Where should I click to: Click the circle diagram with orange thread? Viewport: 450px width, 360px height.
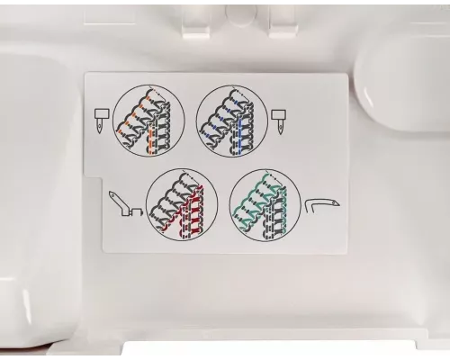[x=149, y=121]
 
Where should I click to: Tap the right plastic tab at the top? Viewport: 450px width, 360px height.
[x=283, y=23]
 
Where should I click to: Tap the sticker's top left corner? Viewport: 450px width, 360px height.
[x=87, y=75]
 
